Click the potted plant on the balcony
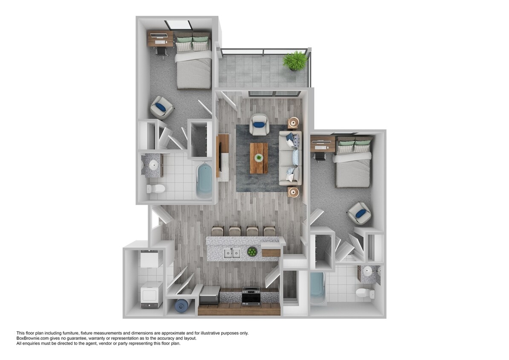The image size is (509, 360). point(295,61)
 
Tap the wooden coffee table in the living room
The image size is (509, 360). point(259,158)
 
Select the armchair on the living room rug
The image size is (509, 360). point(259,125)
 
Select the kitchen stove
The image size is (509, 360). point(251,296)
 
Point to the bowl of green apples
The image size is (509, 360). point(252,252)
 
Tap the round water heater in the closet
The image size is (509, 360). point(182,306)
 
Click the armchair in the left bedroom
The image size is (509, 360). point(162,108)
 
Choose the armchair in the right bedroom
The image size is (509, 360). point(359,213)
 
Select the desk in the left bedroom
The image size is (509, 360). point(160,38)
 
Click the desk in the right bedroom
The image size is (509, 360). point(322,143)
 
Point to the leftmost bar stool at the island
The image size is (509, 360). point(217,231)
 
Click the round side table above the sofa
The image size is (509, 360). point(293,123)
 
